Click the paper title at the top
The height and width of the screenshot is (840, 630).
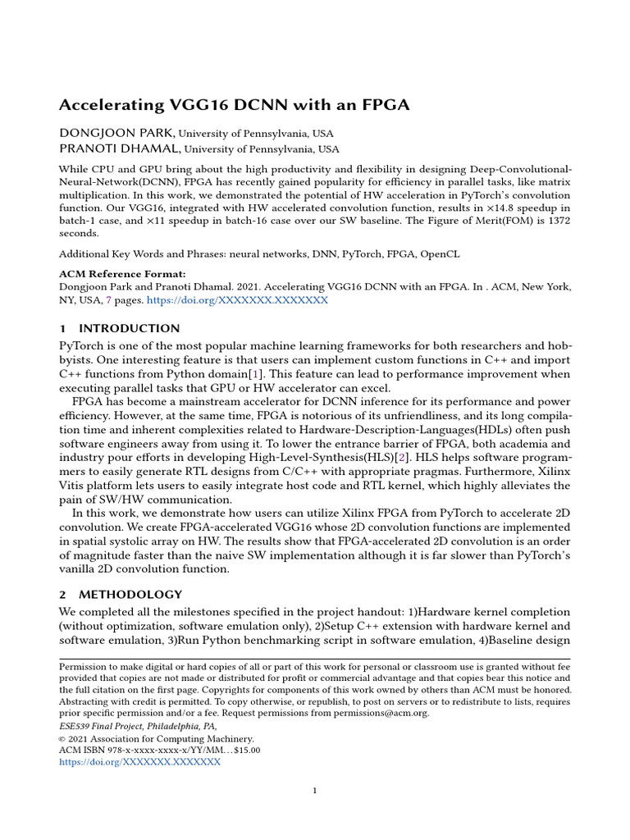click(x=234, y=105)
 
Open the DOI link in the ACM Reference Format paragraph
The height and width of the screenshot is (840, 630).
click(x=237, y=301)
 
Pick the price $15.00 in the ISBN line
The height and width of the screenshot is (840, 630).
click(x=244, y=750)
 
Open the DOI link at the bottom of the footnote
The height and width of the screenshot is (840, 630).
click(x=139, y=762)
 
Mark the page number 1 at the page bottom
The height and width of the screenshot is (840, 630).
click(x=315, y=791)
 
